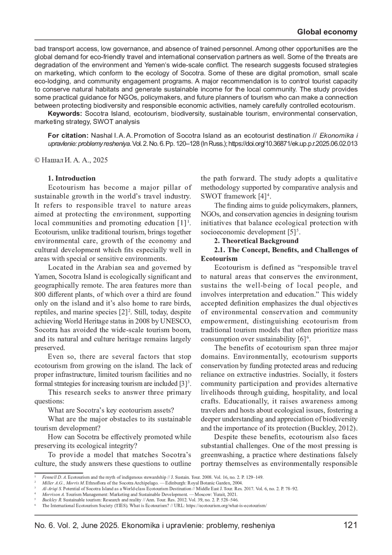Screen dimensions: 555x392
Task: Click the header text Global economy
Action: (327, 32)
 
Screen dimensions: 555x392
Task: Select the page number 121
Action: (351, 525)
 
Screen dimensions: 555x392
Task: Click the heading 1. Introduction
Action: (72, 178)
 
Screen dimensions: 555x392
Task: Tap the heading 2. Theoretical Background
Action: (256, 241)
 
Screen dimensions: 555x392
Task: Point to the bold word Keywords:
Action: (65, 114)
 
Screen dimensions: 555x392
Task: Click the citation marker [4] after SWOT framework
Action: (262, 196)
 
